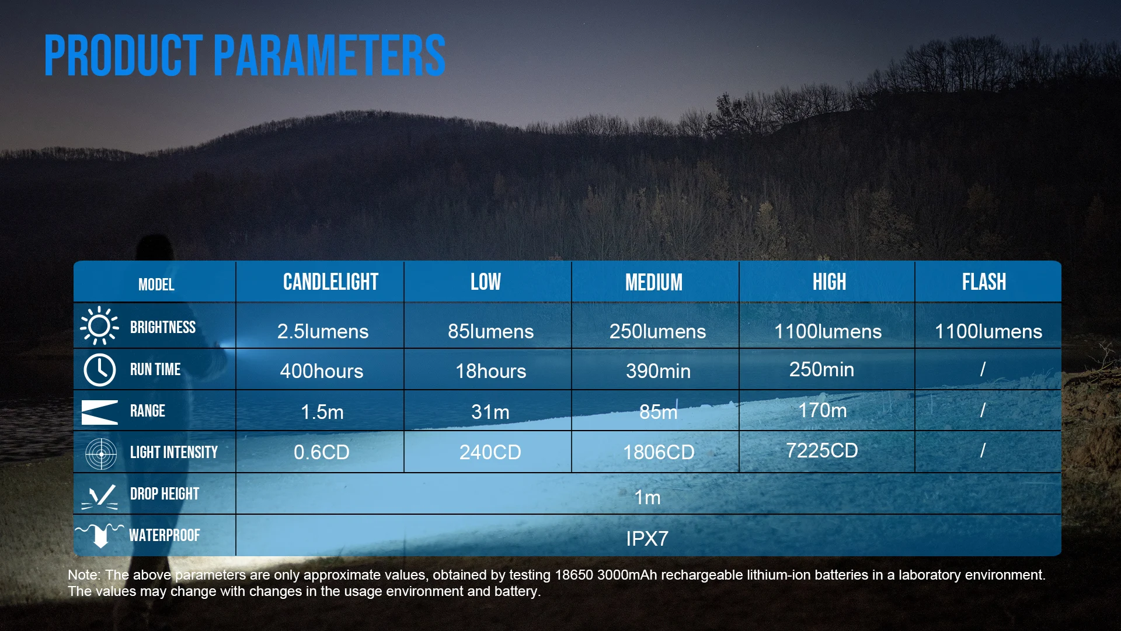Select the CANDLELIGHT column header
(x=330, y=282)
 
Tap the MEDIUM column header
(x=654, y=283)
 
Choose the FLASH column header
(x=984, y=282)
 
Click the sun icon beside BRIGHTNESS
(x=99, y=325)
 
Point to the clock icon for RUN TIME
(x=100, y=369)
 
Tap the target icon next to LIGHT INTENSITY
(x=101, y=453)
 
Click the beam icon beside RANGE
(x=100, y=412)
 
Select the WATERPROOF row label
(x=164, y=535)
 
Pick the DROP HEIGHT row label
(x=164, y=494)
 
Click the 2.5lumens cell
(x=323, y=331)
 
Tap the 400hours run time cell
(x=322, y=371)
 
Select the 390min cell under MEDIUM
(x=658, y=371)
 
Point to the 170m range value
(x=822, y=410)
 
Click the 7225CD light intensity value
(x=821, y=450)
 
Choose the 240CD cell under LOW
(x=490, y=452)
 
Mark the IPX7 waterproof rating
(x=647, y=539)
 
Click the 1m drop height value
(x=647, y=497)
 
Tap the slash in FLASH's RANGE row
(x=983, y=410)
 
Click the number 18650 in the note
(x=574, y=575)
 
